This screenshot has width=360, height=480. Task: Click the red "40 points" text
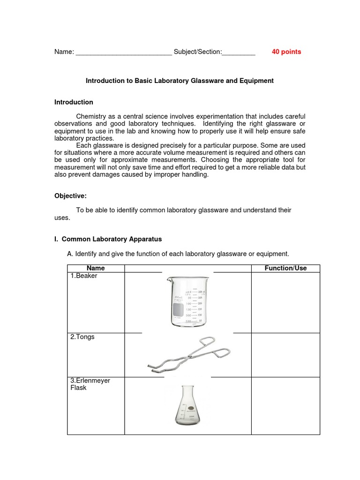point(286,52)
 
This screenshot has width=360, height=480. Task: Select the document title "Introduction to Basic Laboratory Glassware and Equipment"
point(180,81)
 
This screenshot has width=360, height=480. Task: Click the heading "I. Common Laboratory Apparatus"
point(108,239)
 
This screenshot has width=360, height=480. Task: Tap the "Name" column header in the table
point(96,268)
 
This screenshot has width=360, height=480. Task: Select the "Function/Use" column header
point(285,268)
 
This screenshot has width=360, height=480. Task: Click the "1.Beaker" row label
point(84,276)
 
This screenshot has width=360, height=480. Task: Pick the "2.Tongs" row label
point(82,337)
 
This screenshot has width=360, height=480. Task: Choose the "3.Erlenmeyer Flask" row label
point(90,384)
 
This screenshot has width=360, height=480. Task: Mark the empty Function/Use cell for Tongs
point(285,355)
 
